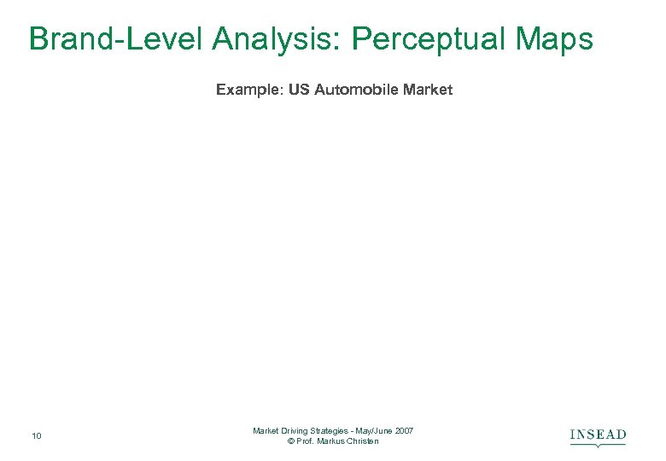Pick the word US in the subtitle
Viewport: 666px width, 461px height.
point(300,90)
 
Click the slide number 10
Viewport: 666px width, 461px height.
point(36,437)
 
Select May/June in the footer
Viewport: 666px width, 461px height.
point(372,431)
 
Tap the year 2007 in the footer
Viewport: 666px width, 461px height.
point(404,431)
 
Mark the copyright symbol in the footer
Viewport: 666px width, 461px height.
point(291,441)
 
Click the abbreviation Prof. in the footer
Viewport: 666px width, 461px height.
point(306,441)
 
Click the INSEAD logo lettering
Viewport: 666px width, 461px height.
point(598,435)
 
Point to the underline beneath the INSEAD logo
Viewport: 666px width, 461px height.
point(598,444)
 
